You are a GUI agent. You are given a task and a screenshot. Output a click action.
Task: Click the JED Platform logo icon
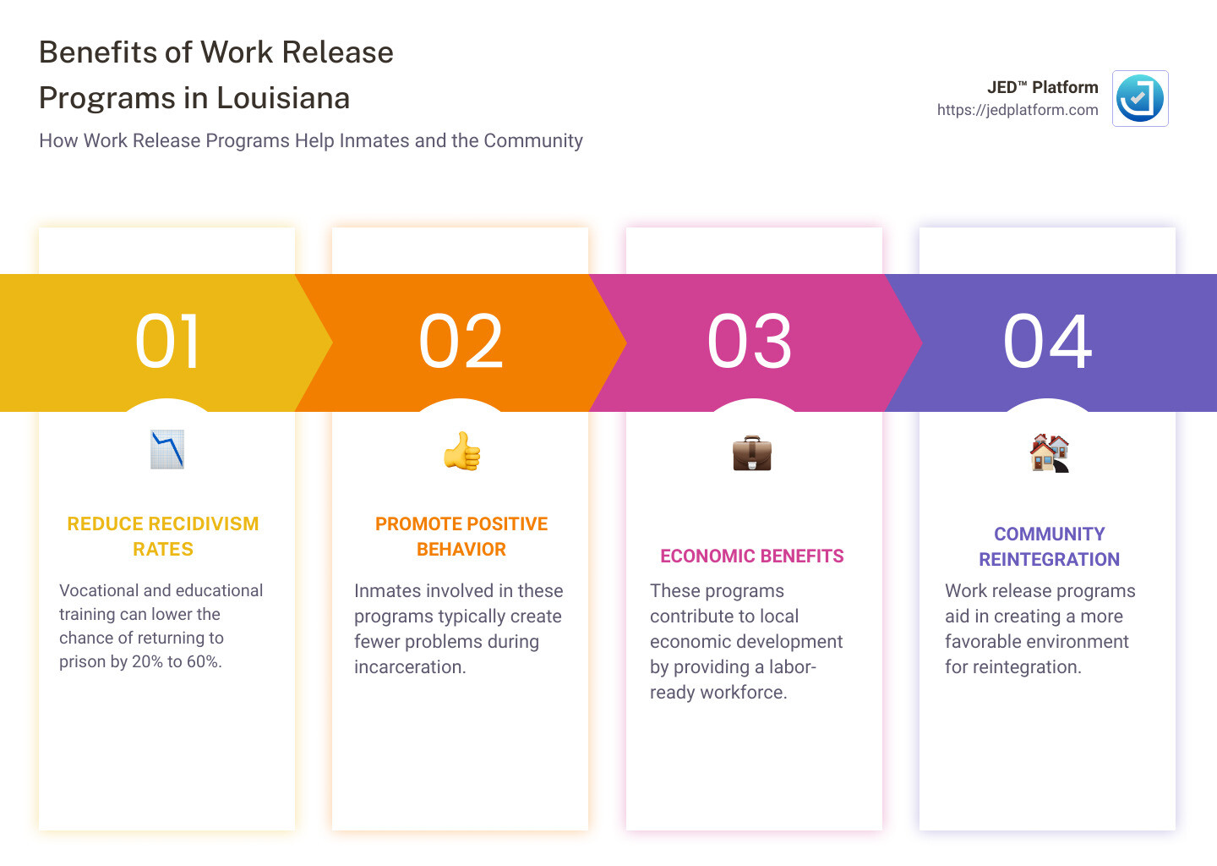coord(1140,98)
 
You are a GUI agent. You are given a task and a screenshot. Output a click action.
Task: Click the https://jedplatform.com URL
coord(1017,110)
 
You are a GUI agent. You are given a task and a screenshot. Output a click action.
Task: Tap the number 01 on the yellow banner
coord(168,342)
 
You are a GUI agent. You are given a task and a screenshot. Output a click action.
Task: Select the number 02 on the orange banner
coord(461,342)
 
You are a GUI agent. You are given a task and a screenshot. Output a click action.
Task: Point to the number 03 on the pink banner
coord(749,342)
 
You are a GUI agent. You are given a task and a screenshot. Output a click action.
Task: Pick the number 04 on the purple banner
coord(1047,342)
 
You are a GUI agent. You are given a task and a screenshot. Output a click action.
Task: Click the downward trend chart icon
coord(167,450)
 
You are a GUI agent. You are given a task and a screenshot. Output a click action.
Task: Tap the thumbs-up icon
coord(461,452)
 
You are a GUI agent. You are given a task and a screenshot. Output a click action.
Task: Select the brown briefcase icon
coord(752,452)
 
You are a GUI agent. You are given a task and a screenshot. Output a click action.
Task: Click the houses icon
coord(1049,452)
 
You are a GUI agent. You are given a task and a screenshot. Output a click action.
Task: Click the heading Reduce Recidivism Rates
coord(163,536)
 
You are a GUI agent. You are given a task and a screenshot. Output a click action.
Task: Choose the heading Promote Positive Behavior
coord(461,536)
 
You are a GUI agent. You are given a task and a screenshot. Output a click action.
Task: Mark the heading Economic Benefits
coord(752,556)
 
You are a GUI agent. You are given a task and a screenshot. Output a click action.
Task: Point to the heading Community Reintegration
coord(1049,546)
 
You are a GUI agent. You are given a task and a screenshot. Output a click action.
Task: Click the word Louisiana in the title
coord(283,98)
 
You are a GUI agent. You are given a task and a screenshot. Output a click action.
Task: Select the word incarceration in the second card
coord(410,667)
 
